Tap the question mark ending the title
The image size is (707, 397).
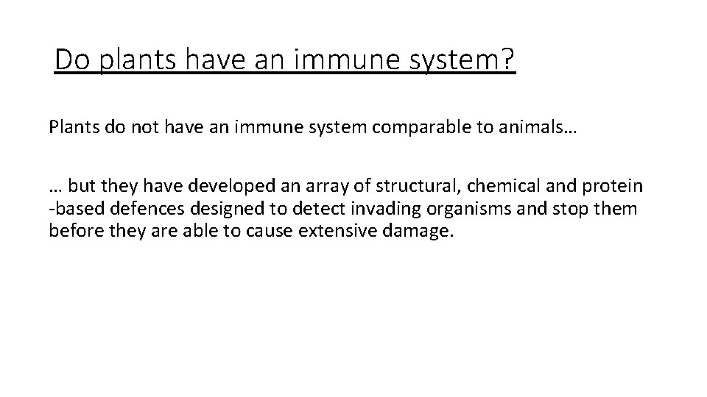click(x=508, y=60)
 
